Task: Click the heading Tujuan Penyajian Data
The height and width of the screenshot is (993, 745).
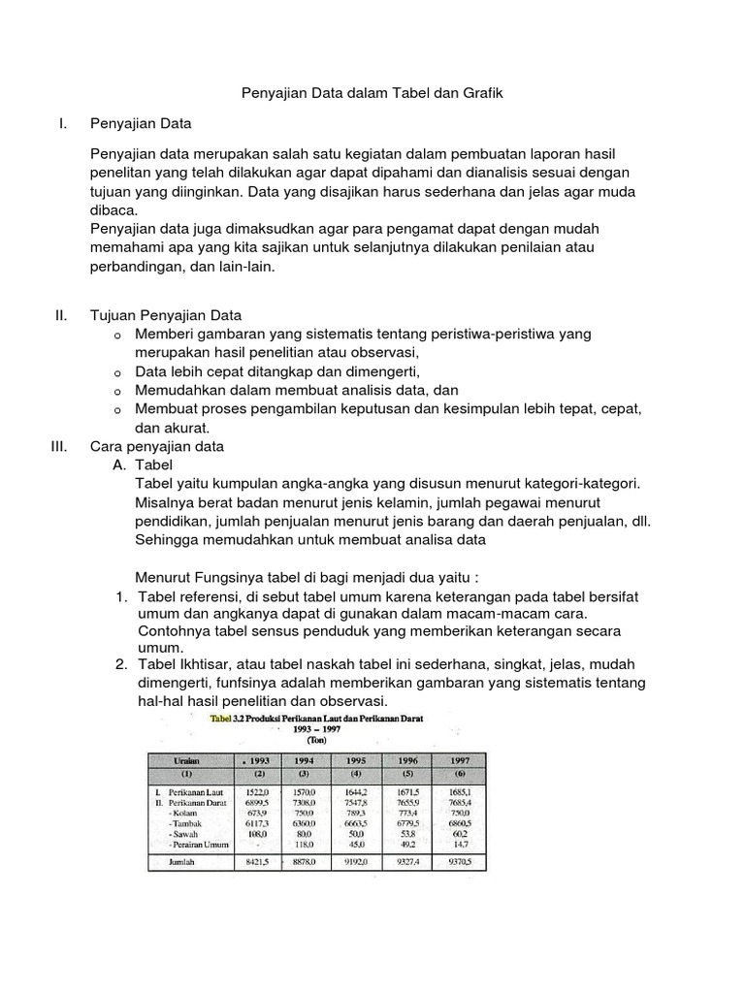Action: pyautogui.click(x=165, y=315)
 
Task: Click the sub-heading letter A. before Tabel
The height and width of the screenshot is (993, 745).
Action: pyautogui.click(x=122, y=465)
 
